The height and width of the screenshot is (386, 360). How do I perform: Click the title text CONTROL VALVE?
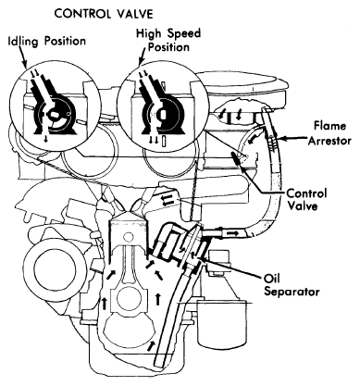pos(104,14)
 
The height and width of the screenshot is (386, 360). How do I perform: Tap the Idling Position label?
pos(46,42)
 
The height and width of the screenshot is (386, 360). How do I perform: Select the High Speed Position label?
pos(168,40)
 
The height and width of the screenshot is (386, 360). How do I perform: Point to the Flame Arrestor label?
pos(329,133)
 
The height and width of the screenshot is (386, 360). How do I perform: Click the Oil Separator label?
pos(292,285)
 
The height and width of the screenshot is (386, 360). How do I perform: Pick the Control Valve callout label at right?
pos(306,200)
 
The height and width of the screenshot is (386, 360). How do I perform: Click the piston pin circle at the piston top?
pos(128,237)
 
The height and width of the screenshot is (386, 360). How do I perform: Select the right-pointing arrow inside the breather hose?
pos(232,233)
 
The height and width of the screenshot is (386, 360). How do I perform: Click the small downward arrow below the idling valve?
pos(46,139)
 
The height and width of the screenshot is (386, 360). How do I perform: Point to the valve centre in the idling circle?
pos(55,115)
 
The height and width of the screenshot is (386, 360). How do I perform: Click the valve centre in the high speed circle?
pos(163,115)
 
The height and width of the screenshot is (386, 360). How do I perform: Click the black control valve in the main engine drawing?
pos(238,158)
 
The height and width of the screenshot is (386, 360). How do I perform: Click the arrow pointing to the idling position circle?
pos(23,57)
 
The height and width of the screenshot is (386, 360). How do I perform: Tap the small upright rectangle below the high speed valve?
pos(165,141)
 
